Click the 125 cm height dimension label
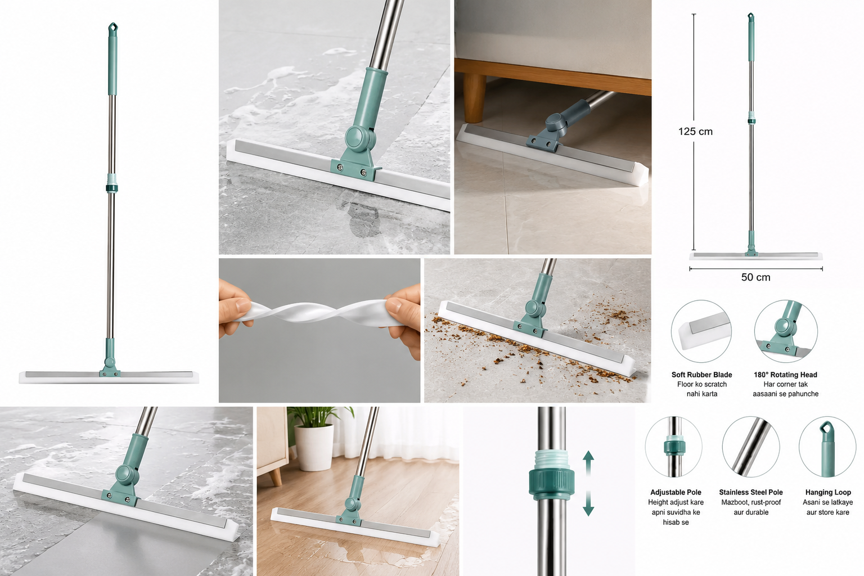tap(695, 132)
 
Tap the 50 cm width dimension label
tap(755, 277)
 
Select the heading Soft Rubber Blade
tap(701, 375)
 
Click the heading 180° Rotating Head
tap(785, 375)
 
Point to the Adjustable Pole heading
tap(676, 492)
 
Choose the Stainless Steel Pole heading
tap(751, 492)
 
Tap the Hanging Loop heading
tap(828, 492)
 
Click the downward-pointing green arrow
tap(588, 503)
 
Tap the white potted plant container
tap(314, 448)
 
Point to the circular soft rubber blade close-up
tap(701, 331)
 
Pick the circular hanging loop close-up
tap(828, 447)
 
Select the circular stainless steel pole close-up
tap(751, 447)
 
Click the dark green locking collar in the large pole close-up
tap(552, 482)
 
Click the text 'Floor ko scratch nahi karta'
tap(702, 389)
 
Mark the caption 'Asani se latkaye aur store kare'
tap(828, 507)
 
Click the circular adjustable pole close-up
tap(673, 447)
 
